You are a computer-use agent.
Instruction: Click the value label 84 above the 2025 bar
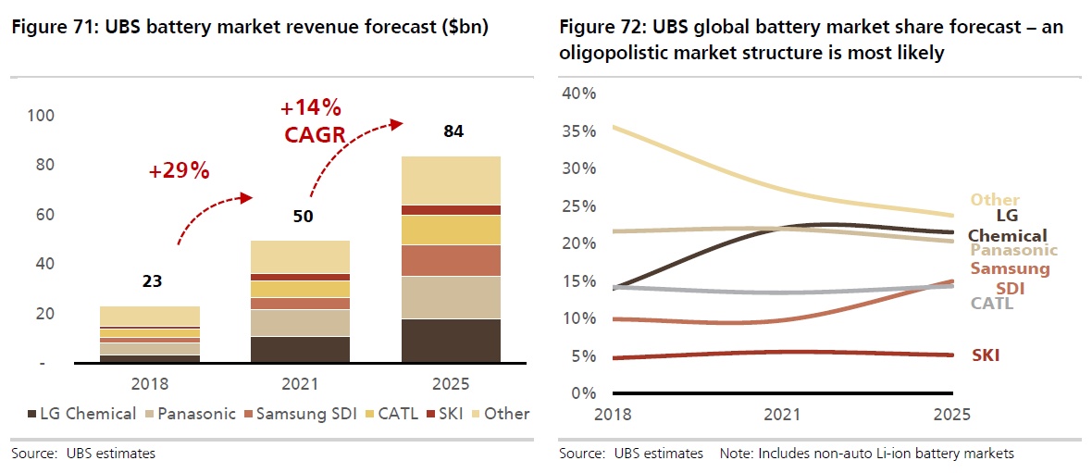coord(453,131)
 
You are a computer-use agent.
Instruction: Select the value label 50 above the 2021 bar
coord(303,217)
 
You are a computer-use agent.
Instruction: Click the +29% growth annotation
coord(179,170)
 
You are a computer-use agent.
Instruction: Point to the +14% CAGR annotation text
coord(314,121)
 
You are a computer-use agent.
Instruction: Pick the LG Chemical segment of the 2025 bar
coord(451,340)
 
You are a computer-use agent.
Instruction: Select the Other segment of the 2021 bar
coord(302,256)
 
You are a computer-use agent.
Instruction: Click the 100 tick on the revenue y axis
coord(43,116)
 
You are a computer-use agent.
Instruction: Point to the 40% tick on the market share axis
coord(578,93)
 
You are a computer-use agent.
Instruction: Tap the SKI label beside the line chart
coord(986,355)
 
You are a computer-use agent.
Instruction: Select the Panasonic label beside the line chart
coord(1013,250)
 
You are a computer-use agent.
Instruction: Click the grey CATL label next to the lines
coord(992,303)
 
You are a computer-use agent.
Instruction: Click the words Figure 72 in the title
coord(596,29)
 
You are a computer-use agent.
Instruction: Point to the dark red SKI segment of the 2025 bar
coord(451,210)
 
